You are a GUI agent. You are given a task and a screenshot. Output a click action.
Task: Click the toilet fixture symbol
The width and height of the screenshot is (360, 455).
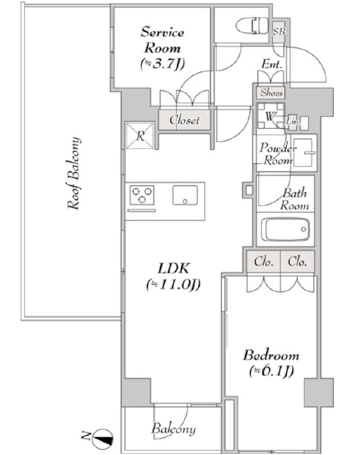252,26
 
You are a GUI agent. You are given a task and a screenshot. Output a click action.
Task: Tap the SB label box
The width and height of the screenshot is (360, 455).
279,31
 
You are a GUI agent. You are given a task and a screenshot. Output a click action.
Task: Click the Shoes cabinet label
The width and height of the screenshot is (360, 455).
271,93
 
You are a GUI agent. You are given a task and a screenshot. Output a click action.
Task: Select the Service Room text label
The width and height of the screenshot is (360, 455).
162,48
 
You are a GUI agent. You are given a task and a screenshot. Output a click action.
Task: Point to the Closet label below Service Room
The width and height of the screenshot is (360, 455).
184,120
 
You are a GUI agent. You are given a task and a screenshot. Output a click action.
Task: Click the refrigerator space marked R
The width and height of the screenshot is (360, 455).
140,136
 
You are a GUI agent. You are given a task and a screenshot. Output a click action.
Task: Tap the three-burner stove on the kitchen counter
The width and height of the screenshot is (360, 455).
142,195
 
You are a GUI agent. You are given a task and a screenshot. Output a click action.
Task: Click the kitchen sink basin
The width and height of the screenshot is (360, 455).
185,195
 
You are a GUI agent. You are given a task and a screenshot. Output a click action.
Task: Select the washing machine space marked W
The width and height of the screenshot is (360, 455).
270,116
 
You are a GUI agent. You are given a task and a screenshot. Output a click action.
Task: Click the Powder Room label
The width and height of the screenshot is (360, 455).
278,154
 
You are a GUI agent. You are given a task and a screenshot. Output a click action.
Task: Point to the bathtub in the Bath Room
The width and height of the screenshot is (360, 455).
285,229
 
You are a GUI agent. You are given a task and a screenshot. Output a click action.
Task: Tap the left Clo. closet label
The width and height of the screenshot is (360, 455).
263,262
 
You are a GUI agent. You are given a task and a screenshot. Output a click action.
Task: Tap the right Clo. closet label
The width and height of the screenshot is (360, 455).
298,262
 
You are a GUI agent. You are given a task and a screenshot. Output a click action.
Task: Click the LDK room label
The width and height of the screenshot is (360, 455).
173,276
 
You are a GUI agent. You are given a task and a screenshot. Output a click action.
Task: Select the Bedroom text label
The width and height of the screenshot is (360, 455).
271,363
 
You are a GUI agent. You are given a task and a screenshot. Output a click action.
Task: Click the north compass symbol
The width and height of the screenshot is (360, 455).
102,438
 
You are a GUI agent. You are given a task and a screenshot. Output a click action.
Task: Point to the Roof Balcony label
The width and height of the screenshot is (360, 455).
74,173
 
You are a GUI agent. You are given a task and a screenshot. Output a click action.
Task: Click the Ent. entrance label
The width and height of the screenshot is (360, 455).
272,64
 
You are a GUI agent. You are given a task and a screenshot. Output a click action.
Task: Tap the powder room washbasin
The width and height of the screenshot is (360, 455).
303,153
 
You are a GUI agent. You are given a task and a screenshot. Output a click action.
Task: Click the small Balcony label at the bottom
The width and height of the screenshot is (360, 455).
173,429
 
